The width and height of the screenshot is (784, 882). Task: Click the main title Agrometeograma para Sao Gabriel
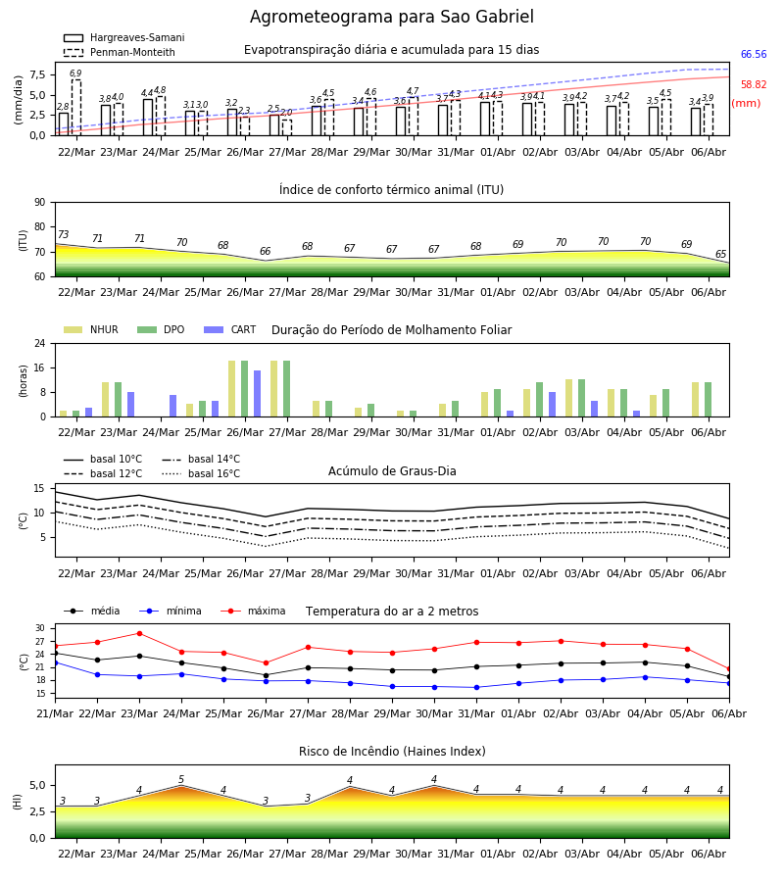click(391, 17)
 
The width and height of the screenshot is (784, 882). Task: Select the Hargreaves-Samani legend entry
click(124, 37)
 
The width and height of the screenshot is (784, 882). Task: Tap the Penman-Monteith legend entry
click(120, 52)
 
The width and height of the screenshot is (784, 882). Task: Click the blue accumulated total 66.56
click(754, 55)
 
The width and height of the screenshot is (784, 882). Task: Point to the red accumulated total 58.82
click(754, 85)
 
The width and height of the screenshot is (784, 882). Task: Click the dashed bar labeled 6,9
click(76, 108)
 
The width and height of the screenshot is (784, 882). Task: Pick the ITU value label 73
click(64, 234)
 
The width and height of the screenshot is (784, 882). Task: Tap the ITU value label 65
click(720, 254)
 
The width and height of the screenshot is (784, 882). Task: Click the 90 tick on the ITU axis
click(40, 203)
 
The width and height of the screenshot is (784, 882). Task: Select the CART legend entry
click(230, 329)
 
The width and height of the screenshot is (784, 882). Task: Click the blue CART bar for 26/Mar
click(257, 394)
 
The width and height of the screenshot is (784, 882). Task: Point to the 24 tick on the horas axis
click(40, 343)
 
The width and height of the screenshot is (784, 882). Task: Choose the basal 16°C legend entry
click(201, 473)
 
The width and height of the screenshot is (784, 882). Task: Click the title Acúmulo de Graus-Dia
click(392, 470)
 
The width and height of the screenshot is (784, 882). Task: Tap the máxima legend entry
click(253, 611)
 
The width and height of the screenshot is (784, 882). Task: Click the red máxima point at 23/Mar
click(139, 633)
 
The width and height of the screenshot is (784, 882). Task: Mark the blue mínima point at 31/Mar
click(477, 687)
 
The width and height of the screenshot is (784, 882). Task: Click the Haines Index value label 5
click(181, 780)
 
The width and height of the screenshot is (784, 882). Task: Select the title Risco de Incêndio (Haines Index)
click(392, 752)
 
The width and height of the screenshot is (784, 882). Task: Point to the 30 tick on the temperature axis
click(40, 628)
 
